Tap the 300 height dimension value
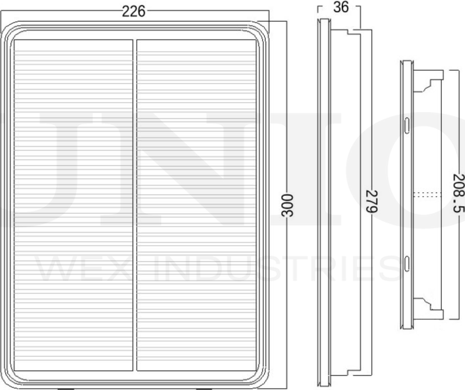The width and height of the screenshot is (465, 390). point(287,205)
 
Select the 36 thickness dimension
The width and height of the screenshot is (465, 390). point(341,8)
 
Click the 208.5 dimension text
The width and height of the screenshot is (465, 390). point(457,195)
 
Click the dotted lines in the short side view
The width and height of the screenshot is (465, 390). point(424,195)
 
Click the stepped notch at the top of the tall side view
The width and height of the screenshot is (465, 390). point(352,32)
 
